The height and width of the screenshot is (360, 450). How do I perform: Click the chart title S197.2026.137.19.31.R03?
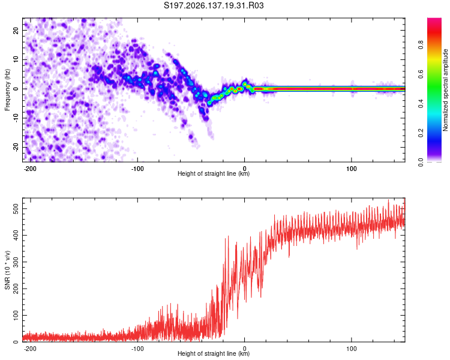click(x=214, y=5)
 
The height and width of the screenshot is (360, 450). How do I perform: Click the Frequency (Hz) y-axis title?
click(x=7, y=90)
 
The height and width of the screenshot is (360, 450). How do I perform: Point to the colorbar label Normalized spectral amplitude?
click(x=445, y=90)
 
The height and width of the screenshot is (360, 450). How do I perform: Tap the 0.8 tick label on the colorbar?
click(x=421, y=45)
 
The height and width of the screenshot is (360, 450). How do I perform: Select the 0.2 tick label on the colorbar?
click(x=421, y=133)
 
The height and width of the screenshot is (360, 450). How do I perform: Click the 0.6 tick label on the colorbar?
click(x=421, y=74)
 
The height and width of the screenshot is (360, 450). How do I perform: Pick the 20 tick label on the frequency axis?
click(x=16, y=30)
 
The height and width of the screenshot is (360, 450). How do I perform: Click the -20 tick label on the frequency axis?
click(x=16, y=148)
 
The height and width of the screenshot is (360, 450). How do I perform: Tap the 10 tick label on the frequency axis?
click(x=16, y=60)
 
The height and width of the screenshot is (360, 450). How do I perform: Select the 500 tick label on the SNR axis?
click(x=16, y=209)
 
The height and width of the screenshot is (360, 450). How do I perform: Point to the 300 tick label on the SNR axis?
click(x=16, y=262)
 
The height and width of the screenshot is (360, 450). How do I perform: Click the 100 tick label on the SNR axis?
click(x=16, y=315)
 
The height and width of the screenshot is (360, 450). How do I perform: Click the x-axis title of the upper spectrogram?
click(x=214, y=173)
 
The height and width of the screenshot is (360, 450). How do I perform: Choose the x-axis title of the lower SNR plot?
click(x=214, y=353)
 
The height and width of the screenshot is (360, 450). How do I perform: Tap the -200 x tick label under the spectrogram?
click(x=30, y=169)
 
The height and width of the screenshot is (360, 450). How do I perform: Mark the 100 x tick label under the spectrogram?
click(x=351, y=169)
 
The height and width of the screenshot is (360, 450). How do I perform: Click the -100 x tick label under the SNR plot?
click(x=137, y=349)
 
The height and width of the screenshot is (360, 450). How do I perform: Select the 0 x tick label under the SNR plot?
click(x=245, y=349)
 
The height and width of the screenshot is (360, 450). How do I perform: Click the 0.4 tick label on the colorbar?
click(x=421, y=104)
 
